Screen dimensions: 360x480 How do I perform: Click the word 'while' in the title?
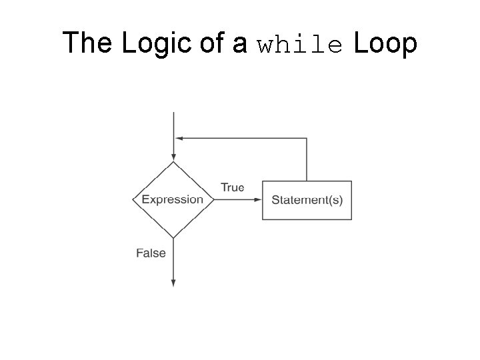[x=300, y=45]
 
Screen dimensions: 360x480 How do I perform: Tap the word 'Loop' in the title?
[x=385, y=44]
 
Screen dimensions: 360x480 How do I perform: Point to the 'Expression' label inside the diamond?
[x=173, y=199]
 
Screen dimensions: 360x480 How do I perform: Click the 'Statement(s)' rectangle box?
[x=307, y=200]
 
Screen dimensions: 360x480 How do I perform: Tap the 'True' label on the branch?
[x=232, y=187]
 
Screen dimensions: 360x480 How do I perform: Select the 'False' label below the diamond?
[x=151, y=253]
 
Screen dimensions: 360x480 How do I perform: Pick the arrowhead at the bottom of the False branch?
[x=173, y=283]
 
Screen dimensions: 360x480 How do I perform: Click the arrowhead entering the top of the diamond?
[x=173, y=157]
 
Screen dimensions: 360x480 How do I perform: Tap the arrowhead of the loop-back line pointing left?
[x=179, y=138]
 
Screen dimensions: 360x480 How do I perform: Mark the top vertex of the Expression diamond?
[x=173, y=162]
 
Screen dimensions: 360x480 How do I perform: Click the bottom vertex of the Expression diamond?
[x=173, y=238]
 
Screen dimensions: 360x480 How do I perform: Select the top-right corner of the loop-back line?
[x=307, y=138]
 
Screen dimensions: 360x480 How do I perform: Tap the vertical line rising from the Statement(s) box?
[x=307, y=160]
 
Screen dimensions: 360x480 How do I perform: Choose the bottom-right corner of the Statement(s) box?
[x=351, y=219]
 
